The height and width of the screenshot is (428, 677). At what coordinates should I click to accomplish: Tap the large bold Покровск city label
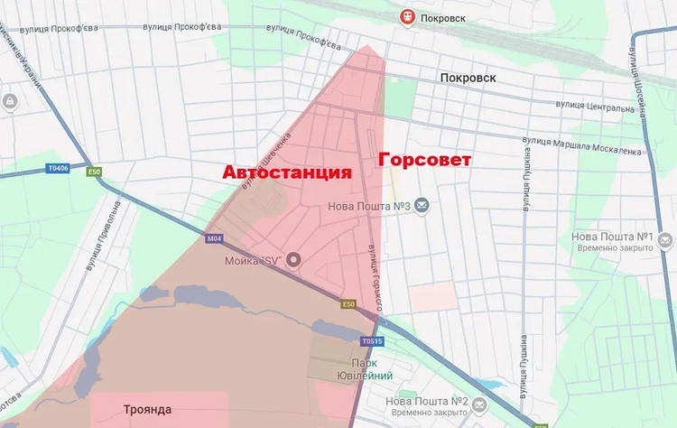[x=468, y=78]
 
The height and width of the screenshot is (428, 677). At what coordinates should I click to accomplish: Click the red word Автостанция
[x=286, y=172]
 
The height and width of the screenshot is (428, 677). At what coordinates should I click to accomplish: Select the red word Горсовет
[x=424, y=160]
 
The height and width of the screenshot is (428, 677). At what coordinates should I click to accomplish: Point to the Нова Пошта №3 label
[x=372, y=207]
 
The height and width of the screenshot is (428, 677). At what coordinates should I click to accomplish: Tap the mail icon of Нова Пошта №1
[x=665, y=241]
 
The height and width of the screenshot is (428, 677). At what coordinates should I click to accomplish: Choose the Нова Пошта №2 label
[x=426, y=400]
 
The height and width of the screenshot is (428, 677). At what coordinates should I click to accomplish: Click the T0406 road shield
[x=58, y=168]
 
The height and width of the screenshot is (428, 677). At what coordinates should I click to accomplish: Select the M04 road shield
[x=213, y=238]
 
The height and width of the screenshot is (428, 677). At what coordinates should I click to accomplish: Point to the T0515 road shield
[x=372, y=341]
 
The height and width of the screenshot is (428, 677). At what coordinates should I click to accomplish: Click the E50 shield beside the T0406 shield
[x=94, y=172]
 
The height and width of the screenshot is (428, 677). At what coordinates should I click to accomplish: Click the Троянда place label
[x=147, y=409]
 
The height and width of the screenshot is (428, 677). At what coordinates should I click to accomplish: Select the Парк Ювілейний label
[x=383, y=369]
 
